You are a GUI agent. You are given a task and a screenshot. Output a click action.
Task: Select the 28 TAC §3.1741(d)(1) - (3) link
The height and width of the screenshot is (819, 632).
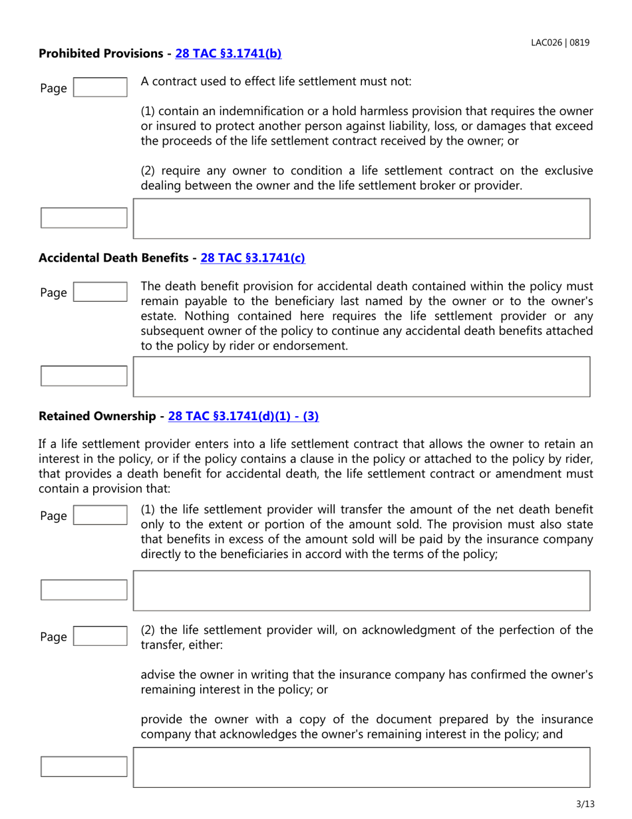[243, 416]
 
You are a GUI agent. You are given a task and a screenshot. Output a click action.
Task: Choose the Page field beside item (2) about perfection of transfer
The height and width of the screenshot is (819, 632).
[99, 637]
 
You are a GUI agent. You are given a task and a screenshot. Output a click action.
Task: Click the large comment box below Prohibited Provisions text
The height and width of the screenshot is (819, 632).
[362, 218]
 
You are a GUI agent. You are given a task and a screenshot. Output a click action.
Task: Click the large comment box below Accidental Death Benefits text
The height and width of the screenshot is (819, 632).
[362, 377]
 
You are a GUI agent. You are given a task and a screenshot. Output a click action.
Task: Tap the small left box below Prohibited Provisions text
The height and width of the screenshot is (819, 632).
[84, 218]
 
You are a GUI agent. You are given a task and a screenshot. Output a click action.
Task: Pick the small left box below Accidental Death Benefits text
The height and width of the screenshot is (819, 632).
[84, 376]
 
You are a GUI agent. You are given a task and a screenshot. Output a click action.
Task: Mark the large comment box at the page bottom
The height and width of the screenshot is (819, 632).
[362, 767]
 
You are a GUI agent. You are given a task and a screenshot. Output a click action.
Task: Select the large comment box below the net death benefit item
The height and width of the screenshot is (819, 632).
[362, 590]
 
